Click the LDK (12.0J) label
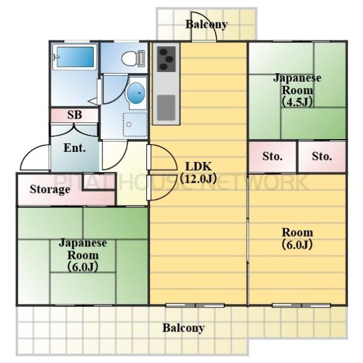[x=198, y=171]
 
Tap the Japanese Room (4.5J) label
[x=297, y=89]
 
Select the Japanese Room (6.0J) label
[x=83, y=254]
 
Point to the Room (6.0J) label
[x=297, y=238]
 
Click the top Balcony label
[x=207, y=25]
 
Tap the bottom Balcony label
[x=183, y=329]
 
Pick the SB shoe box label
[x=74, y=115]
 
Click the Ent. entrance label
[x=74, y=147]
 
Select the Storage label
[x=50, y=189]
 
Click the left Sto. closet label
[x=273, y=156]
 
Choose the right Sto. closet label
[x=322, y=156]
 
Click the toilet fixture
[x=131, y=59]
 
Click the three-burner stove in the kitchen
[x=165, y=59]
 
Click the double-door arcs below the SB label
[x=74, y=128]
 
